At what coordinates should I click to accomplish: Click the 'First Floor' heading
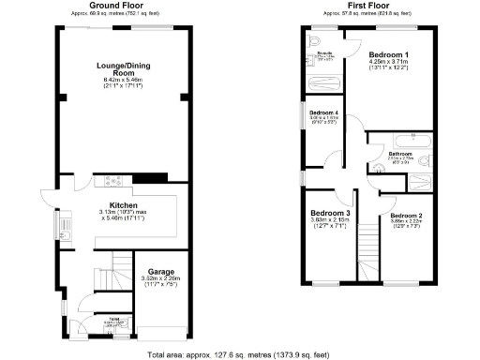(x=368, y=5)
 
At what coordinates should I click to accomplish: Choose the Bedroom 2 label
(x=407, y=215)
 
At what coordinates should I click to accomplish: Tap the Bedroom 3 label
(x=330, y=213)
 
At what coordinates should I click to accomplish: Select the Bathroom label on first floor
(x=401, y=153)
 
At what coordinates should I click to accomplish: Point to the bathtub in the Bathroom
(x=402, y=142)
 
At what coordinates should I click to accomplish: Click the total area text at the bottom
(x=239, y=354)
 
